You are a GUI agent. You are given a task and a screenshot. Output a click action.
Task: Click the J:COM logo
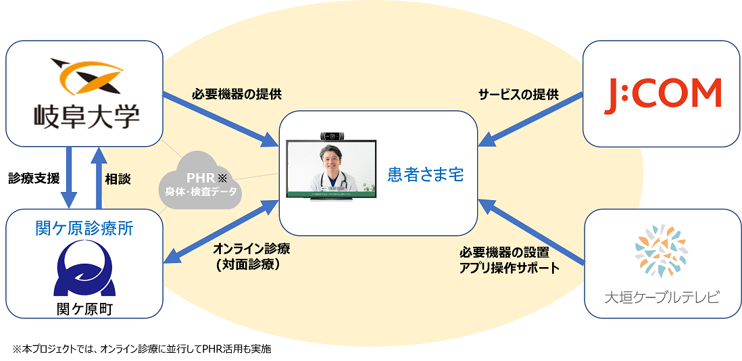coord(662,93)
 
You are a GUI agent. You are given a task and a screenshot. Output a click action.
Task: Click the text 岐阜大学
coord(86,116)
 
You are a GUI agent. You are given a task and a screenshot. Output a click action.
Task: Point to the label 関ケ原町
coord(84,308)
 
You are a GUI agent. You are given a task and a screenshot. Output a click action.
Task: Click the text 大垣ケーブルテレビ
coord(662,297)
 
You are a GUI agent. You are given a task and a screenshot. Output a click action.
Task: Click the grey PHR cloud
coord(201,185)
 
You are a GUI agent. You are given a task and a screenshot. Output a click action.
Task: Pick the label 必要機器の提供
coord(217,95)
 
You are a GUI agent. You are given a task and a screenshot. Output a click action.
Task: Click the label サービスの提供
coord(518,95)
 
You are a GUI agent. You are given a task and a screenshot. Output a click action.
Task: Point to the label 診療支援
coord(34,178)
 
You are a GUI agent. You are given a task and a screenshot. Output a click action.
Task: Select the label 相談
coord(118,179)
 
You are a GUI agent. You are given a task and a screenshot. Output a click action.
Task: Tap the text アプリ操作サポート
coord(510,268)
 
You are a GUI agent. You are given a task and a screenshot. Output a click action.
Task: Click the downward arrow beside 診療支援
coord(69,180)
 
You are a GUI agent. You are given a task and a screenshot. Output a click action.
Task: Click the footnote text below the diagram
coord(141,349)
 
